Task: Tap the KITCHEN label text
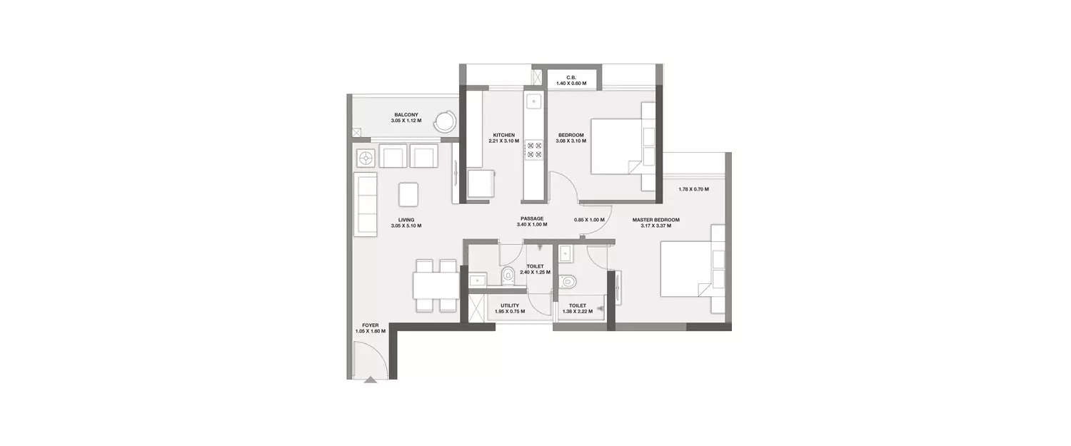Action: point(503,136)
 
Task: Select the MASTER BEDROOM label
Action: point(655,220)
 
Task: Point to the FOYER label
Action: point(370,325)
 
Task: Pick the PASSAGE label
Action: point(532,218)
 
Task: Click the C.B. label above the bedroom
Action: point(571,77)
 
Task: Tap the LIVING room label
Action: point(407,220)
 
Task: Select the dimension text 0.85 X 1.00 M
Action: point(589,220)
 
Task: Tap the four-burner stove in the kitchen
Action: point(534,150)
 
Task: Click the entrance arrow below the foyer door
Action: point(370,380)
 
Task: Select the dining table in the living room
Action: point(436,286)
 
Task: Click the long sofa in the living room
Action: point(366,204)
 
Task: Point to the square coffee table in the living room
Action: point(408,193)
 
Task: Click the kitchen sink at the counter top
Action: point(533,102)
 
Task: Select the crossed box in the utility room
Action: point(476,308)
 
